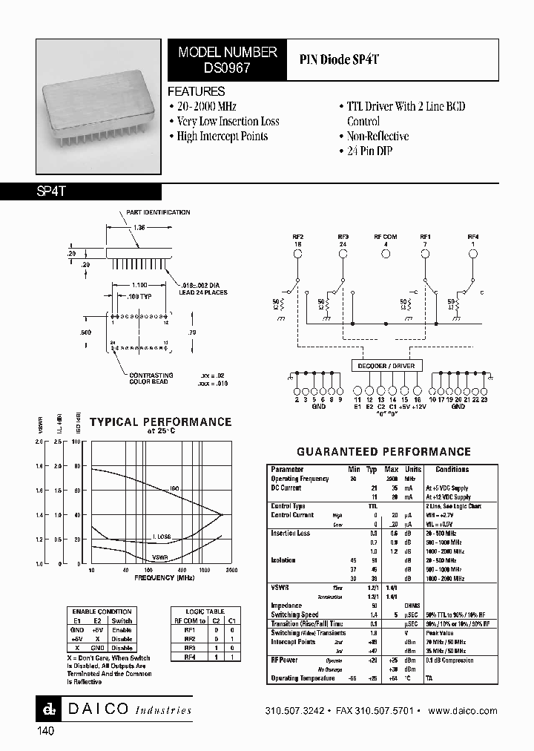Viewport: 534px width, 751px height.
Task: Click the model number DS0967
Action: pyautogui.click(x=227, y=66)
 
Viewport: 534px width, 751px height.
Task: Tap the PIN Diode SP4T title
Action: pyautogui.click(x=339, y=59)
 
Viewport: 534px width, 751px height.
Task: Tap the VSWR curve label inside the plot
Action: pyautogui.click(x=159, y=557)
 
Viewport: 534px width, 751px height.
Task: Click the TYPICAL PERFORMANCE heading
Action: pyautogui.click(x=160, y=422)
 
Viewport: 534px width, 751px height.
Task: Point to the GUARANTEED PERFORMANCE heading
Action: pyautogui.click(x=383, y=451)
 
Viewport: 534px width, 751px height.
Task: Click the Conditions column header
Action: pyautogui.click(x=452, y=470)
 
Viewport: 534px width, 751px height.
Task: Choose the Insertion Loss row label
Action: pyautogui.click(x=291, y=534)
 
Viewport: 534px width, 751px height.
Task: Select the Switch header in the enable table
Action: pyautogui.click(x=122, y=620)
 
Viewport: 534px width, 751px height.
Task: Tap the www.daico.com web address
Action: pyautogui.click(x=463, y=711)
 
